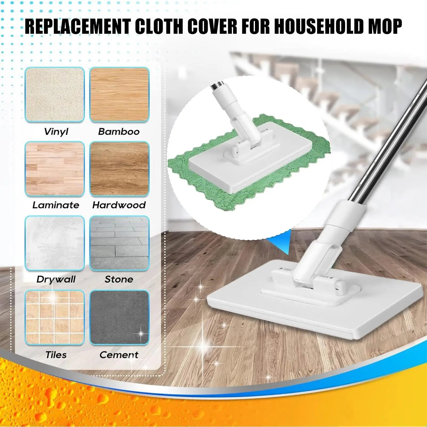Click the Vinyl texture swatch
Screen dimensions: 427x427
55,95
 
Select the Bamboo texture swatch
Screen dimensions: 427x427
119,95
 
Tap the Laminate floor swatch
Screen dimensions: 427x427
55,169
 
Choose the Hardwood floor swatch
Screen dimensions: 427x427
119,169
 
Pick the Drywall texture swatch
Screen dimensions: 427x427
55,243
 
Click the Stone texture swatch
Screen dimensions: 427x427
119,243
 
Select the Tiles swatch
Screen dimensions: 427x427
55,317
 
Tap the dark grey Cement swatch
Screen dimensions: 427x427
119,317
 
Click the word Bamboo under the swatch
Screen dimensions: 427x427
119,131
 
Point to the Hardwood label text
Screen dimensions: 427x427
119,205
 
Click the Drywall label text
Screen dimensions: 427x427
56,280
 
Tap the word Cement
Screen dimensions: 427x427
119,355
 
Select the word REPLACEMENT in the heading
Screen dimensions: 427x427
77,26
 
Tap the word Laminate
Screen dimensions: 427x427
56,205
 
